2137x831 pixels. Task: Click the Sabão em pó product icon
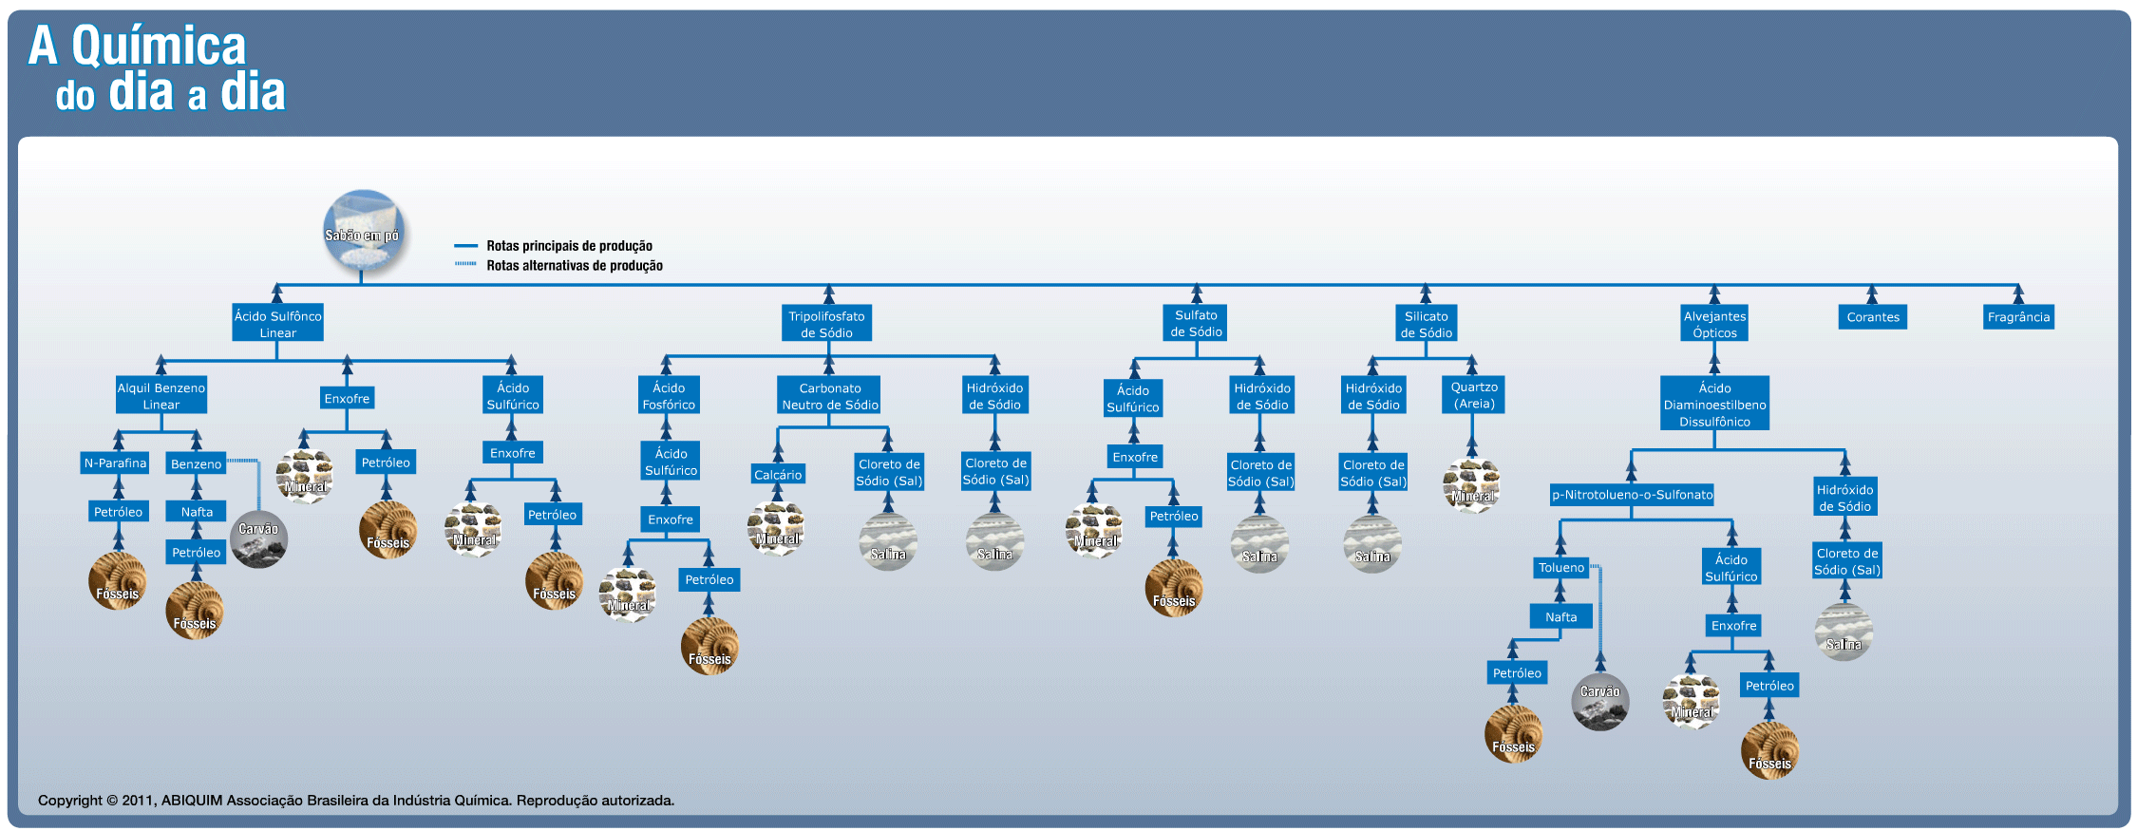coord(364,229)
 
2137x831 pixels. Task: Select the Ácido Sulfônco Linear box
coord(277,324)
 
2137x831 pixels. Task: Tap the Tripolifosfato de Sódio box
coord(826,324)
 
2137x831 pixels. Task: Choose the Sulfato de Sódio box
coord(1196,323)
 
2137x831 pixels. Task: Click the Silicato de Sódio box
coord(1426,324)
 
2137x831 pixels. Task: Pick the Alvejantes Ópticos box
coord(1714,324)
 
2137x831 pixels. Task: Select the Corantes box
coord(1872,317)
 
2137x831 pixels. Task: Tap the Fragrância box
coord(2018,317)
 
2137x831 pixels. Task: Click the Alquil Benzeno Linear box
coord(161,396)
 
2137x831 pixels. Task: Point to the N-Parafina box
coord(115,463)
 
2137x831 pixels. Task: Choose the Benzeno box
coord(196,464)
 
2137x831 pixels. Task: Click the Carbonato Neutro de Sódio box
coord(829,396)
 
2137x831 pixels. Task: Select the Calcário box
coord(778,475)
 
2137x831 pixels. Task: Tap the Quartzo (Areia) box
coord(1473,395)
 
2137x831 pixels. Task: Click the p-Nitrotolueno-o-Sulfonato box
coord(1632,495)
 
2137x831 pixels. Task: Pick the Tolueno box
coord(1560,568)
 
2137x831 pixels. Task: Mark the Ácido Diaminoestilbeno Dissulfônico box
coord(1714,404)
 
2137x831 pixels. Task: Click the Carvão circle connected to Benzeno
coord(258,539)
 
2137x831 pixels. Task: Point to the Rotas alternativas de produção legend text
coord(574,266)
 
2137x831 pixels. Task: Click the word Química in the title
coord(159,46)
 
